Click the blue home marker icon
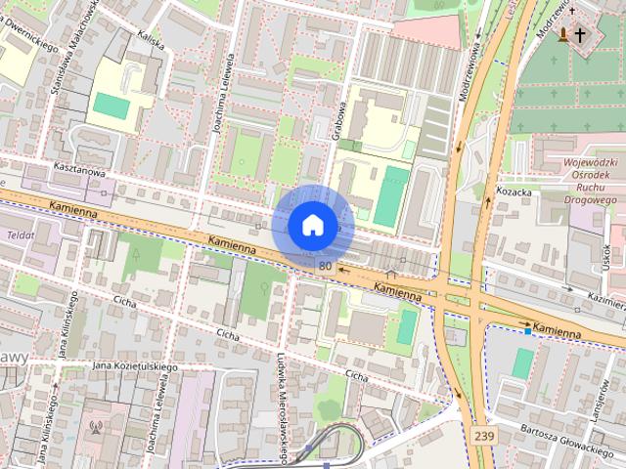pyautogui.click(x=312, y=225)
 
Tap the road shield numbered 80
pyautogui.click(x=325, y=265)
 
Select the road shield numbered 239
pyautogui.click(x=481, y=434)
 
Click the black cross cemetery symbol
pyautogui.click(x=580, y=35)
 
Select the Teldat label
pyautogui.click(x=20, y=235)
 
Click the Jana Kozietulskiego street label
pyautogui.click(x=134, y=366)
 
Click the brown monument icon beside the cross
pyautogui.click(x=563, y=35)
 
